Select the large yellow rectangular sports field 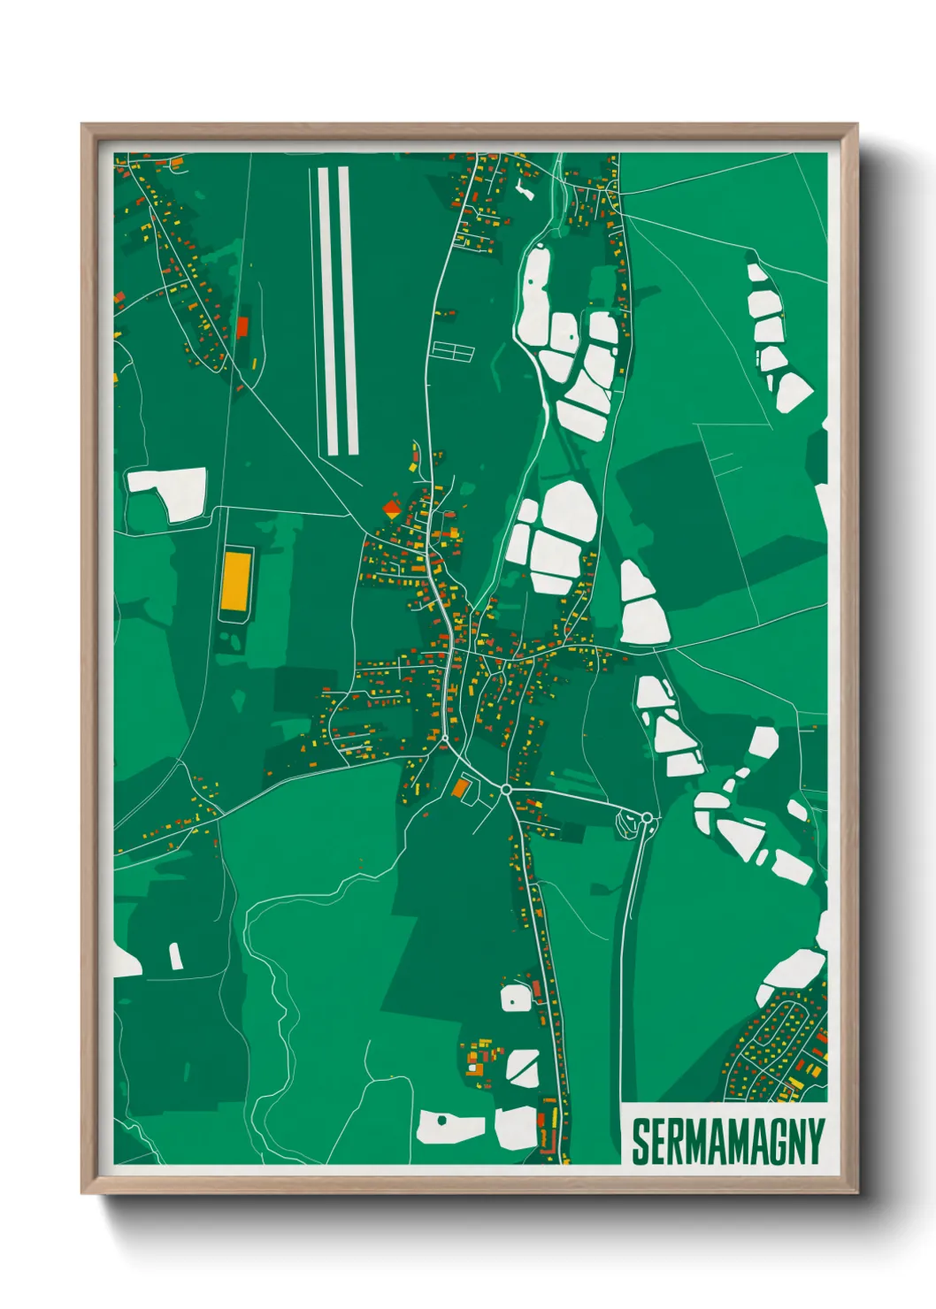(235, 580)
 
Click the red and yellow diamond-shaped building (391, 509)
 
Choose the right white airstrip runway (348, 310)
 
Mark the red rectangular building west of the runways (242, 327)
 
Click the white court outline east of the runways (452, 351)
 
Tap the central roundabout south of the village (506, 789)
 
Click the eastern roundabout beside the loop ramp (647, 817)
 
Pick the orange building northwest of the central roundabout (460, 787)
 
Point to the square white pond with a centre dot (515, 999)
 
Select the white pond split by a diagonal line (523, 1068)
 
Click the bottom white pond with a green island (450, 1126)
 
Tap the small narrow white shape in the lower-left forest (175, 956)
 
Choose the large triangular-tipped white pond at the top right (793, 390)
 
